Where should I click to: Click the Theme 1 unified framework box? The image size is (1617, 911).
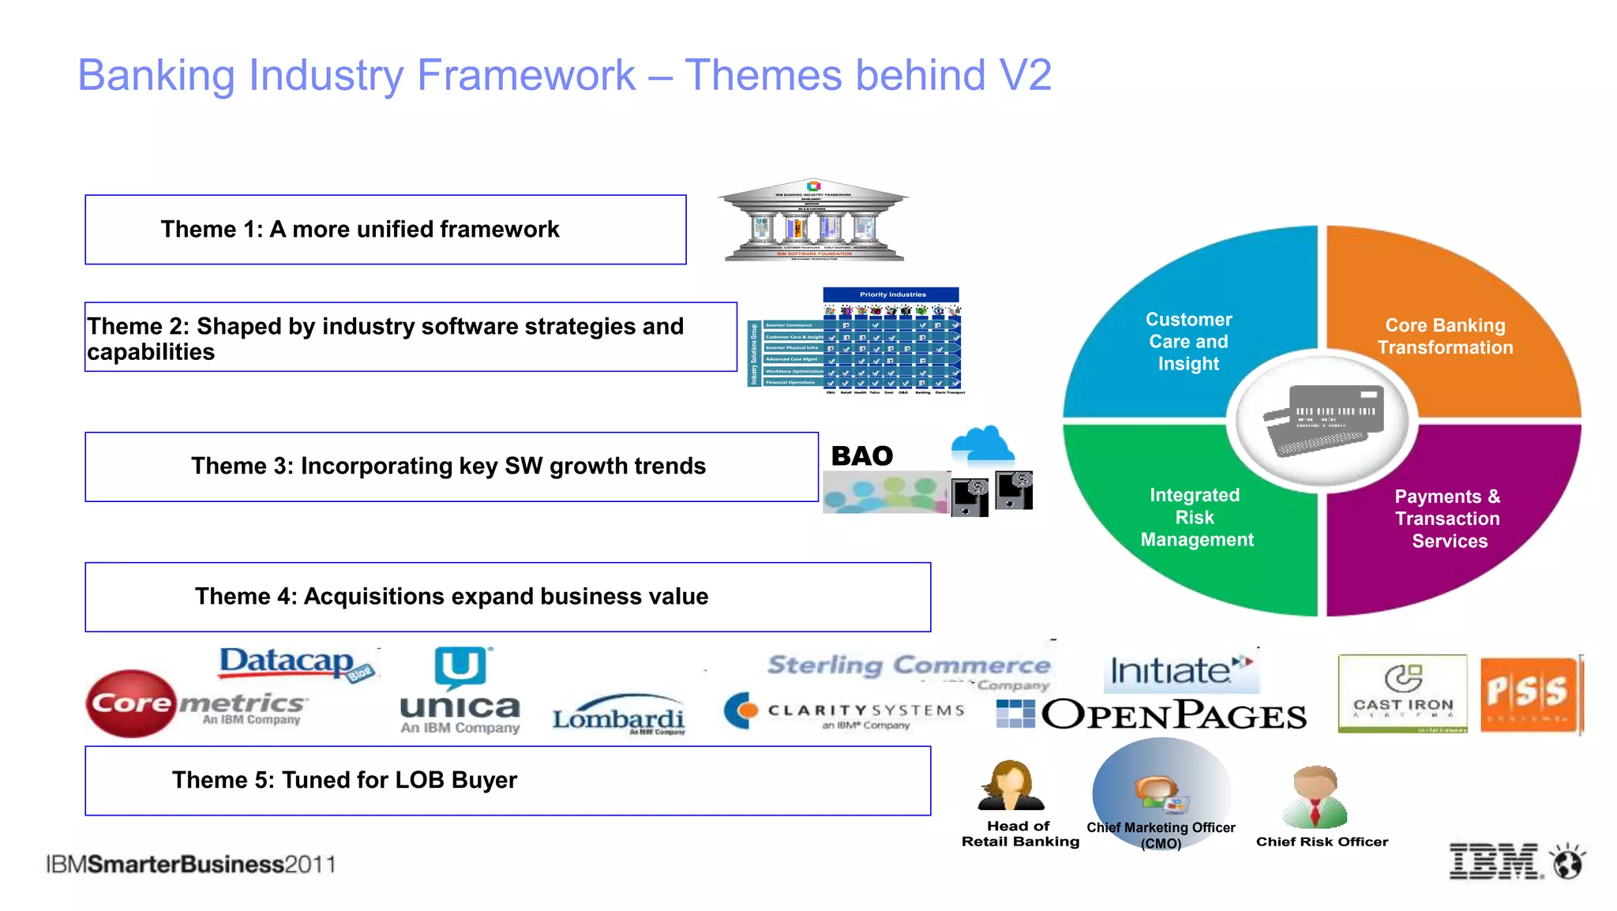[385, 230]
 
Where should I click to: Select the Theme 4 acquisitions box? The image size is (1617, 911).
[508, 597]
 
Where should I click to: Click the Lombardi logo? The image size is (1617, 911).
[618, 715]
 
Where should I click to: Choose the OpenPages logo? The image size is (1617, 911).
[1153, 714]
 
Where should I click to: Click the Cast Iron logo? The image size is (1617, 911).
[1402, 693]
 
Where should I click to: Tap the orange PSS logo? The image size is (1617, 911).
[1529, 693]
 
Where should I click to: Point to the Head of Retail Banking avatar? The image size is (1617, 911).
[1011, 786]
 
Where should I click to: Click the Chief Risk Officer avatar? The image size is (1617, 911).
[1315, 796]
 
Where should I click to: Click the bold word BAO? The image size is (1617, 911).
[861, 456]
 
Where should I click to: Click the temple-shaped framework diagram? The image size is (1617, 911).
[813, 220]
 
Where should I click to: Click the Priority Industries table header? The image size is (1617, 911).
[891, 294]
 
